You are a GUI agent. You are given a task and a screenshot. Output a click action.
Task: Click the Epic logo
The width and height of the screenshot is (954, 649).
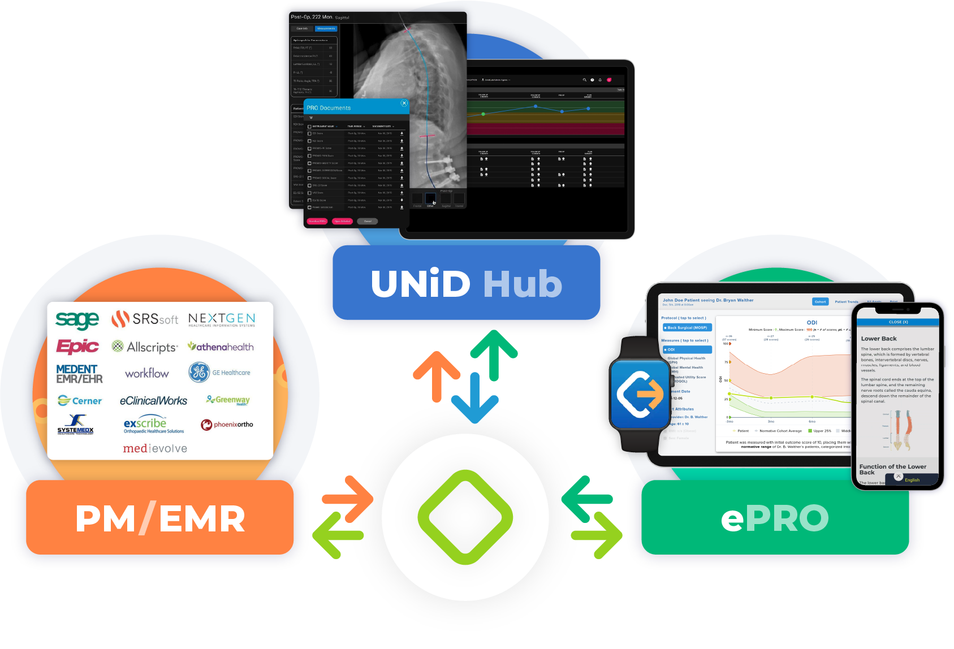point(77,346)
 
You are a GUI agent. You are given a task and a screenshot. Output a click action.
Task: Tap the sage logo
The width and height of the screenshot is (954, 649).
point(77,320)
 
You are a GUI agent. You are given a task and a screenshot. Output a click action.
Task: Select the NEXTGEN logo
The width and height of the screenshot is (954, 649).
point(222,319)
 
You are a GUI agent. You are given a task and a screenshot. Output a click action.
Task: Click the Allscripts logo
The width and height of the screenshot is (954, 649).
point(145,347)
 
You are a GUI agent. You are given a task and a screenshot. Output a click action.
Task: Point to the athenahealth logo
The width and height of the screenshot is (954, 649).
point(221,347)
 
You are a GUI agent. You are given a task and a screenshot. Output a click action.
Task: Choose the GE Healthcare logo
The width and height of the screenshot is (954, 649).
point(219,373)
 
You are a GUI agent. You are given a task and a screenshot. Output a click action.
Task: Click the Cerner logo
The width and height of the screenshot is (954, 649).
point(80,400)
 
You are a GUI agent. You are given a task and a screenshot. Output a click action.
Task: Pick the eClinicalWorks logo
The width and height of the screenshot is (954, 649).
point(153,400)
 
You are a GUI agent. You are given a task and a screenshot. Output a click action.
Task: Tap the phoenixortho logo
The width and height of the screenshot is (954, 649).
point(227,425)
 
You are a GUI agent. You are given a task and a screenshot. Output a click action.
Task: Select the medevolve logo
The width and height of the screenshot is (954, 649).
point(155,448)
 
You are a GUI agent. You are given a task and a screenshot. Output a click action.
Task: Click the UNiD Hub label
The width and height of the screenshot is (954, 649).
point(466,283)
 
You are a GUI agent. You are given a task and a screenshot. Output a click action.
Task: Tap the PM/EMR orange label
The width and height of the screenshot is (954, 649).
point(160,518)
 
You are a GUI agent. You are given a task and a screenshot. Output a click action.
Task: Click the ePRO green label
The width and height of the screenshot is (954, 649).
point(775,518)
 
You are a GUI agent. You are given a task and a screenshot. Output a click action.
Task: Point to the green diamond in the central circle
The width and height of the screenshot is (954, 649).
point(465,517)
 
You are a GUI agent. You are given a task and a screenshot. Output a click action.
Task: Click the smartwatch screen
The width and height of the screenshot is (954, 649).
point(640,394)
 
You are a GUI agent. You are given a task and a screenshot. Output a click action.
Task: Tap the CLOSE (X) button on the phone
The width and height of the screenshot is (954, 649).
point(898,322)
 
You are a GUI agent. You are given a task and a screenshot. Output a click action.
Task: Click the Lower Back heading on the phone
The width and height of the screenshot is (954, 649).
point(879,339)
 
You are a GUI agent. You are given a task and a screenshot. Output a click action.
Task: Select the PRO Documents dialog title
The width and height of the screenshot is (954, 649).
point(329,108)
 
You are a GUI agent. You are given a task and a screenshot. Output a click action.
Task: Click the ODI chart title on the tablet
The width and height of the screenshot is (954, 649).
point(811,323)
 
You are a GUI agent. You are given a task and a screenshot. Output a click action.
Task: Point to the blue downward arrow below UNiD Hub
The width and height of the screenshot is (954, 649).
point(474,399)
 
